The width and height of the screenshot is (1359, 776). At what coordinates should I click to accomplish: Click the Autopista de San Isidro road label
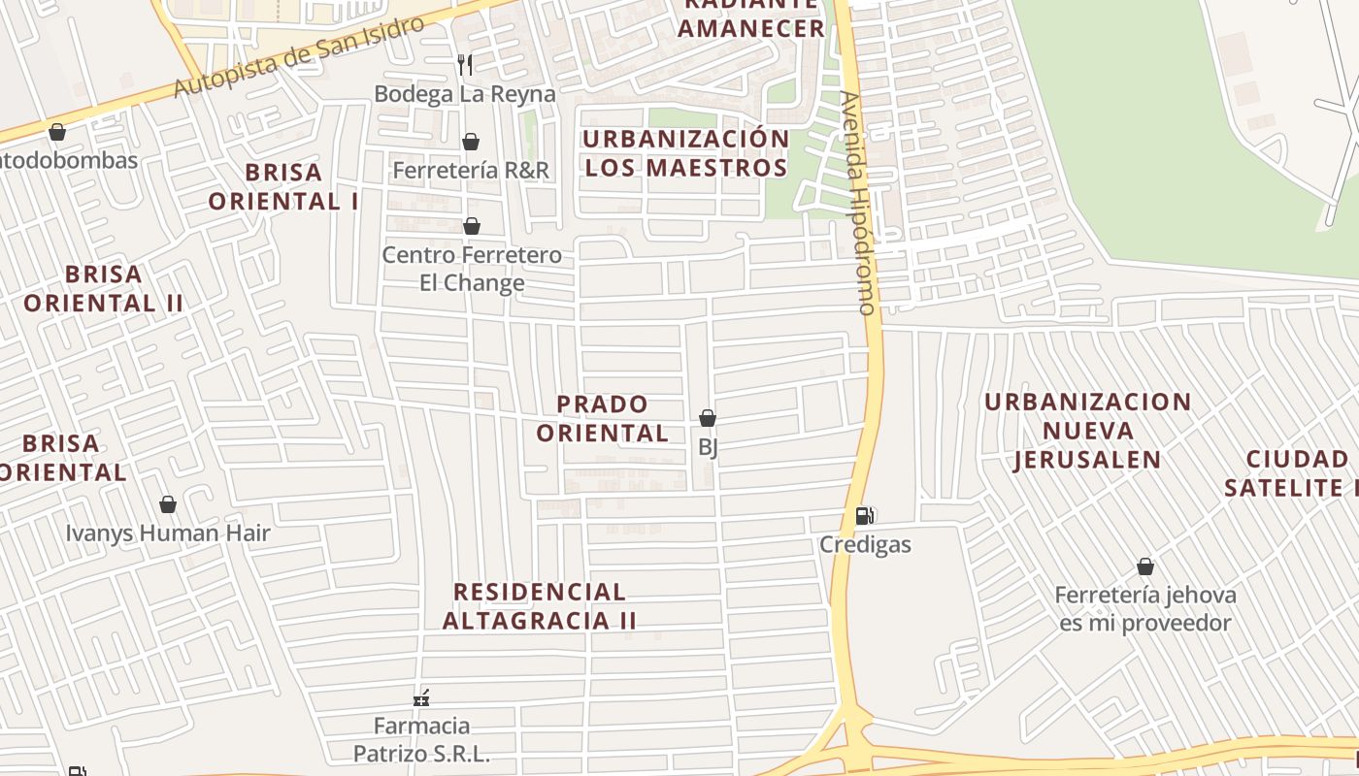pyautogui.click(x=300, y=56)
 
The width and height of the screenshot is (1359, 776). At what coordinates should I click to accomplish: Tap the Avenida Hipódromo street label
pyautogui.click(x=858, y=203)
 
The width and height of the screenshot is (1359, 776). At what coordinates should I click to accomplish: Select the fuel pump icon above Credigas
pyautogui.click(x=864, y=516)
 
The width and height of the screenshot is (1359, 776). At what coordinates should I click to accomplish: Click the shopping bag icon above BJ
pyautogui.click(x=708, y=418)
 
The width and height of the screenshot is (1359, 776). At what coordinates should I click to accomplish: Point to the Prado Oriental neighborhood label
pyautogui.click(x=603, y=418)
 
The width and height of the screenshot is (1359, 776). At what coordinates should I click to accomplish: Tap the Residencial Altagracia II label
pyautogui.click(x=540, y=605)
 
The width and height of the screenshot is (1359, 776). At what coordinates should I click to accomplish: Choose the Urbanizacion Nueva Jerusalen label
pyautogui.click(x=1087, y=431)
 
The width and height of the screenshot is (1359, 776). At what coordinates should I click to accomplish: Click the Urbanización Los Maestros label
pyautogui.click(x=686, y=153)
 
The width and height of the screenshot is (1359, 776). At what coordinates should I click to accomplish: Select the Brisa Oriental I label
pyautogui.click(x=283, y=186)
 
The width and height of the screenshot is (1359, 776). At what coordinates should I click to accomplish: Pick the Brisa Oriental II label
pyautogui.click(x=104, y=288)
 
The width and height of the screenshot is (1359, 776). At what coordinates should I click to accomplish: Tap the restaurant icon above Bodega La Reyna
pyautogui.click(x=465, y=65)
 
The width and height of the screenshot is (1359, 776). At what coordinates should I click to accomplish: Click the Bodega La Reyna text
pyautogui.click(x=465, y=94)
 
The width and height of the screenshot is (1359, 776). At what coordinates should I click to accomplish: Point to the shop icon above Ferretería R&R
pyautogui.click(x=471, y=142)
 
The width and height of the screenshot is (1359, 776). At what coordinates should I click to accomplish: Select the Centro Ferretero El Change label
pyautogui.click(x=472, y=269)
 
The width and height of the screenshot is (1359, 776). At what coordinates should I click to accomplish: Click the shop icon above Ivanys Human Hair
pyautogui.click(x=168, y=504)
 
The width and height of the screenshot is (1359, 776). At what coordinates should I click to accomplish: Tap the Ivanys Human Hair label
pyautogui.click(x=168, y=533)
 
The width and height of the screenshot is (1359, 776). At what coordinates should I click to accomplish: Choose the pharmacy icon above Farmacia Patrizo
pyautogui.click(x=421, y=697)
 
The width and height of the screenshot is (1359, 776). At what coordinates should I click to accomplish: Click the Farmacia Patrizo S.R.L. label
pyautogui.click(x=421, y=739)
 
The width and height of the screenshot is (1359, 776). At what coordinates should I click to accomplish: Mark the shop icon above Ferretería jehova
pyautogui.click(x=1145, y=566)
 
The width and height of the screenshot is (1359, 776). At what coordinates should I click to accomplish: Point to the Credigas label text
pyautogui.click(x=865, y=544)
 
